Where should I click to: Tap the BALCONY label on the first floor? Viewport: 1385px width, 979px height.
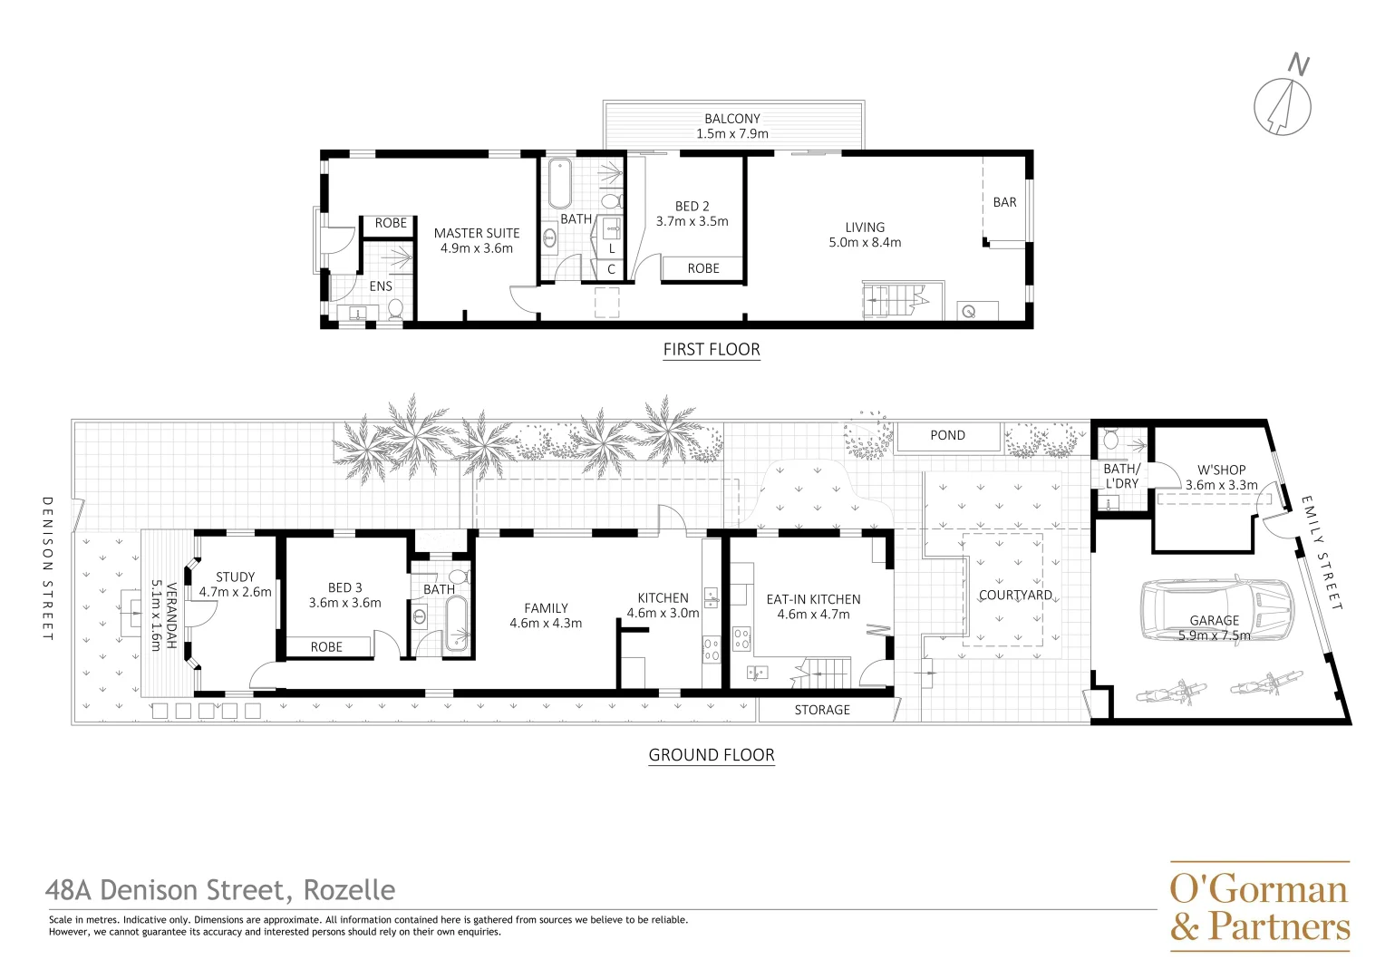[732, 119]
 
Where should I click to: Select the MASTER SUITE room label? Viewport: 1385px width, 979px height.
[477, 233]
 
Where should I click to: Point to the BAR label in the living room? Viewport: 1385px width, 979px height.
[1004, 202]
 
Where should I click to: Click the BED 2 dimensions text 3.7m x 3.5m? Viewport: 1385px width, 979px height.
[692, 221]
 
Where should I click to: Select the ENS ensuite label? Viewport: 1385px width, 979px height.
[381, 286]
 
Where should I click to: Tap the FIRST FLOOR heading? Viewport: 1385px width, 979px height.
[712, 350]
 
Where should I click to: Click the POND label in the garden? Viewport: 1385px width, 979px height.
[947, 436]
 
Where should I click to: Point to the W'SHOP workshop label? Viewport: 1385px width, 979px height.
[1221, 470]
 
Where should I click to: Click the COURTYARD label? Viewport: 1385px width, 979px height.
[1015, 596]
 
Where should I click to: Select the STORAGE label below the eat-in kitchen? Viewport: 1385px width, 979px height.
[822, 710]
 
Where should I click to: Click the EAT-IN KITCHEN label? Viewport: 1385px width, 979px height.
[813, 599]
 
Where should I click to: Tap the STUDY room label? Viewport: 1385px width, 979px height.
[235, 577]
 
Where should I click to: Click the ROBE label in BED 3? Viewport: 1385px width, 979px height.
[326, 647]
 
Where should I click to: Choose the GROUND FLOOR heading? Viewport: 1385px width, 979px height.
[712, 755]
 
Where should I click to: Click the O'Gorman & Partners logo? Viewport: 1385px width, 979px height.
[1259, 906]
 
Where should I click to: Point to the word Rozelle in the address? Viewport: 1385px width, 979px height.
[349, 890]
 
